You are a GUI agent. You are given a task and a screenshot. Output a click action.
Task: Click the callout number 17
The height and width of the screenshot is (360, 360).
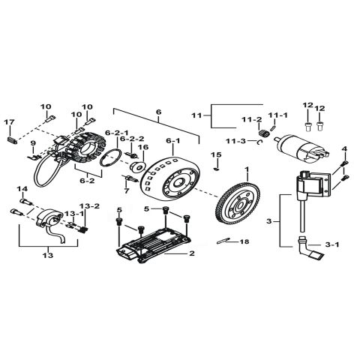(10, 121)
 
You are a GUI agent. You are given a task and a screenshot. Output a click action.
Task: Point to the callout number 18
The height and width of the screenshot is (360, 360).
(244, 242)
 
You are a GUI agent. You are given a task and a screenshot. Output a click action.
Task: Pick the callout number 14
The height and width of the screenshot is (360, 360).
(21, 188)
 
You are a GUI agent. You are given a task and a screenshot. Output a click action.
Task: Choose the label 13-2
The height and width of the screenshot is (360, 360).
(89, 205)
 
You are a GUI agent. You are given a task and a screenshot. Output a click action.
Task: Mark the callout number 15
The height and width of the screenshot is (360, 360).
(216, 154)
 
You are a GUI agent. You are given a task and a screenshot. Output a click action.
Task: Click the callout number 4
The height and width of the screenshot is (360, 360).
(345, 149)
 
